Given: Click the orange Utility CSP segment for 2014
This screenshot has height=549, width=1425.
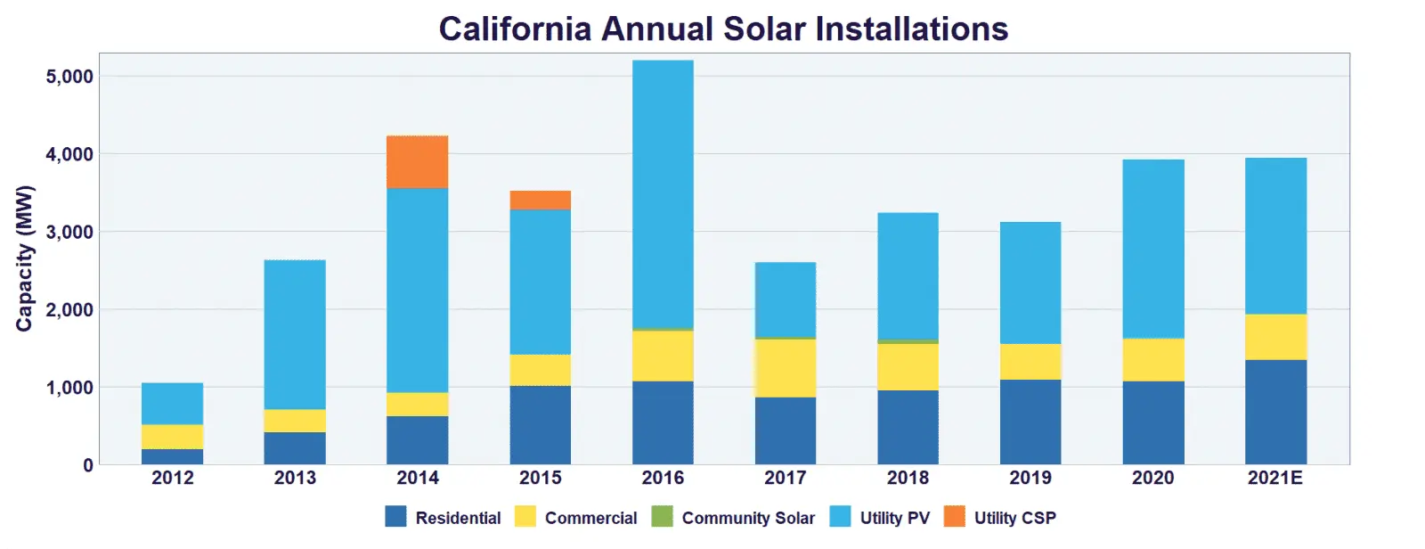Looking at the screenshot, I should click(417, 162).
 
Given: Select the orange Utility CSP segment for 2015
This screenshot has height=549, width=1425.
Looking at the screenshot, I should click(540, 201).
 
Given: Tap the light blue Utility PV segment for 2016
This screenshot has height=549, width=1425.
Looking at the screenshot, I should click(663, 194).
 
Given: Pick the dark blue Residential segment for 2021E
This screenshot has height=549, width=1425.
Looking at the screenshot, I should click(1275, 412).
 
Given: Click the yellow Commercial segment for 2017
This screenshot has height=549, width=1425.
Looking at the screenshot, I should click(785, 368).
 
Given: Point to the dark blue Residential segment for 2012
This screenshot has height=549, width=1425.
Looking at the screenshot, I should click(172, 456).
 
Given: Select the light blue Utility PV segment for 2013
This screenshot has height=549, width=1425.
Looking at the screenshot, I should click(295, 334).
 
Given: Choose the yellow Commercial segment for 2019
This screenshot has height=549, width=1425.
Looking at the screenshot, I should click(1030, 362).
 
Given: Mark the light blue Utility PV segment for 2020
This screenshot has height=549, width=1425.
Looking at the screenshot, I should click(1152, 249).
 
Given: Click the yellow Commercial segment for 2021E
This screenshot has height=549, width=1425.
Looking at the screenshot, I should click(1275, 337).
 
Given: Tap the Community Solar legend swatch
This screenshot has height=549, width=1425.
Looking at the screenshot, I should click(662, 517).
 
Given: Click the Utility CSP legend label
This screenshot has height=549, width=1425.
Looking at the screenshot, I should click(1014, 518).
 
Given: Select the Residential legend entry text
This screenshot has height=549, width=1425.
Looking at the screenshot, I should click(458, 518).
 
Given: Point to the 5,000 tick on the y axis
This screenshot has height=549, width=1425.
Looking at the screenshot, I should click(69, 77).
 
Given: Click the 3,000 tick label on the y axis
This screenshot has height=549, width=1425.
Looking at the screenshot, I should click(69, 232).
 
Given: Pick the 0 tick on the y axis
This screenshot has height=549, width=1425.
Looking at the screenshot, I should click(87, 465).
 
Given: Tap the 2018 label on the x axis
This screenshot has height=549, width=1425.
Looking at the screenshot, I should click(908, 478).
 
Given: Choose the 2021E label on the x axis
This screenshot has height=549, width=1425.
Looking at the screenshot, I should click(1274, 478).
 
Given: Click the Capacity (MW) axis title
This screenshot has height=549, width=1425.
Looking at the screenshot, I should click(24, 258).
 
